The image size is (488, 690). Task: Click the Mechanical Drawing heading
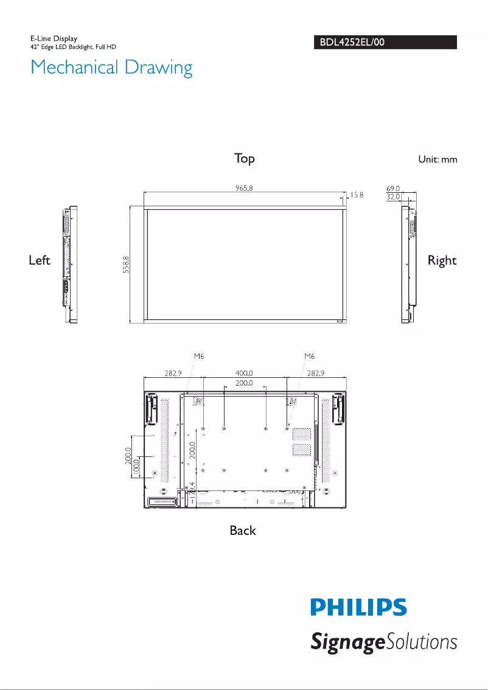111,68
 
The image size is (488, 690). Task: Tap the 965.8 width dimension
244,187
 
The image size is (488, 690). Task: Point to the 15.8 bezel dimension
357,195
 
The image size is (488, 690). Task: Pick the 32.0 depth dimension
393,197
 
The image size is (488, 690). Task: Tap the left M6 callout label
198,356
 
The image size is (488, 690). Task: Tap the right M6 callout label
310,356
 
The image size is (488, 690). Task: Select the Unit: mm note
437,159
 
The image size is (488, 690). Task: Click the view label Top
245,159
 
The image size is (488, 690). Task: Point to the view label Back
243,531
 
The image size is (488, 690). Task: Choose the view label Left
40,260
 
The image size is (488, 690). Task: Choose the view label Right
442,260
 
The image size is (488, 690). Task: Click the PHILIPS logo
358,608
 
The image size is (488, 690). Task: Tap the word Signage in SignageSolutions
345,643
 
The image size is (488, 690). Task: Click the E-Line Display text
54,39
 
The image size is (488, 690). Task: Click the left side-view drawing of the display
71,264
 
